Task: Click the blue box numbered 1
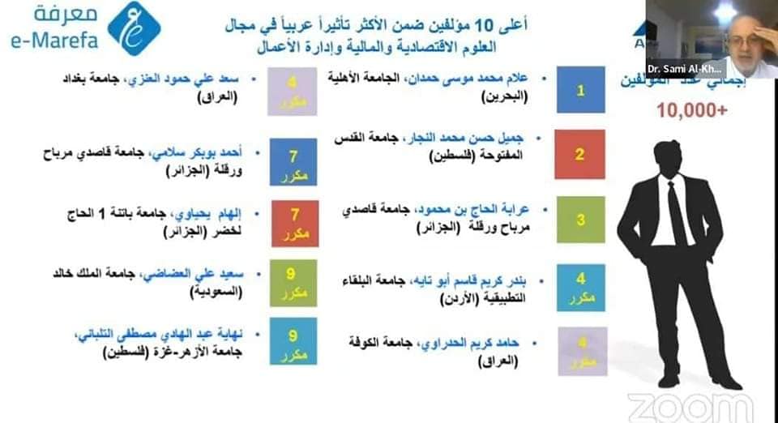click(580, 90)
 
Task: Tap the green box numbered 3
click(580, 219)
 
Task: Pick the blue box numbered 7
click(294, 160)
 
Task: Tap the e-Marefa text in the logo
click(53, 41)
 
